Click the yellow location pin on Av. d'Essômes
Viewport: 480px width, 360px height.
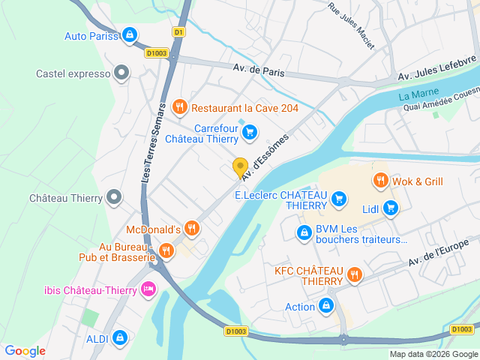[x=240, y=168]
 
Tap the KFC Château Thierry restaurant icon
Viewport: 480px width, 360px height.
[x=355, y=275]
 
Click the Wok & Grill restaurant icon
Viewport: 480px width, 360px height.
[x=380, y=181]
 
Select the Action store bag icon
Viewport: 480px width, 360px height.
[x=326, y=306]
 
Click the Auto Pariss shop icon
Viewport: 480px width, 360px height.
[x=130, y=35]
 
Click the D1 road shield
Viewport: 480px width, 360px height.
[x=178, y=32]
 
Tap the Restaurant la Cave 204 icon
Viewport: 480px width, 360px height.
[x=178, y=108]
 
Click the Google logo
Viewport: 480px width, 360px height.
[x=25, y=351]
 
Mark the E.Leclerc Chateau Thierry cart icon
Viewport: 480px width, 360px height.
[x=339, y=199]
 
